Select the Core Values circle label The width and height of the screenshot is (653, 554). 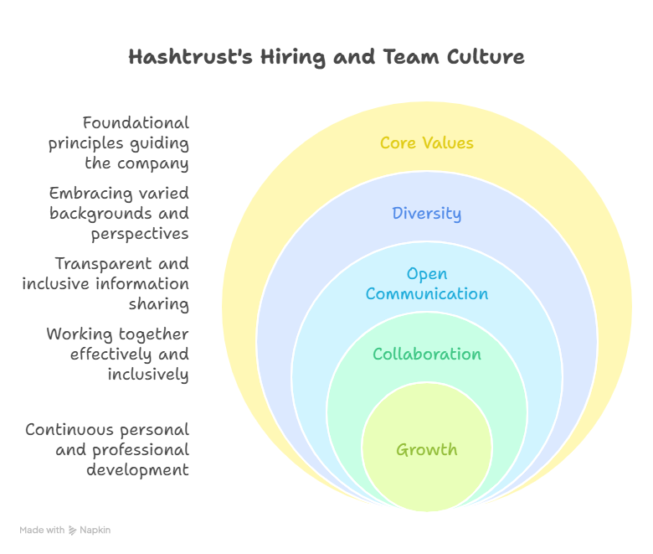pos(426,142)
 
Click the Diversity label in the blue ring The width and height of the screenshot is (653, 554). pos(426,213)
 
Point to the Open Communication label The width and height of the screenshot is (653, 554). pos(426,283)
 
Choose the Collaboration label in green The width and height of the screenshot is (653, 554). pos(426,354)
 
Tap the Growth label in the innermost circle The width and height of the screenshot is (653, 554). pos(426,449)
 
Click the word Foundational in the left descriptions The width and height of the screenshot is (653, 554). pos(136,123)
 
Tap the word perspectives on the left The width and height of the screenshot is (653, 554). pos(140,234)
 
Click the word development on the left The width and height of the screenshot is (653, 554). pos(137,470)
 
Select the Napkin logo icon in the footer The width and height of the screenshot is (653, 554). pos(73,531)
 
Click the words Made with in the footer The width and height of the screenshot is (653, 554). pos(42,531)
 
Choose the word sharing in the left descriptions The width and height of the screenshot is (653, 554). pos(158,304)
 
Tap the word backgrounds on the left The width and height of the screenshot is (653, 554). pos(101,214)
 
